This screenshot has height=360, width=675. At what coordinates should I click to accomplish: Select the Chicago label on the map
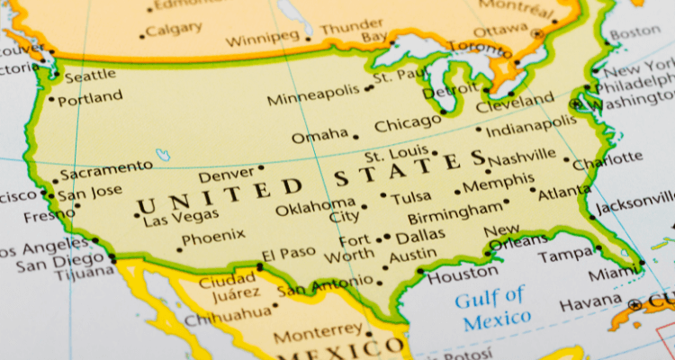pyautogui.click(x=407, y=125)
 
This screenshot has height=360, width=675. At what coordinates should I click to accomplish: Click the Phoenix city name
pyautogui.click(x=213, y=238)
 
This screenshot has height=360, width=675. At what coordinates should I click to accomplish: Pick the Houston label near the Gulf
pyautogui.click(x=462, y=274)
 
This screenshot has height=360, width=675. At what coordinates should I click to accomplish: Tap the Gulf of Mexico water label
pyautogui.click(x=491, y=306)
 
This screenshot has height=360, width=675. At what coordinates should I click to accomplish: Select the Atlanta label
pyautogui.click(x=564, y=192)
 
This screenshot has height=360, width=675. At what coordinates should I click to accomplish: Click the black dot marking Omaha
pyautogui.click(x=355, y=138)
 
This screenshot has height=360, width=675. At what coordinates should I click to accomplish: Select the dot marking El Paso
pyautogui.click(x=259, y=266)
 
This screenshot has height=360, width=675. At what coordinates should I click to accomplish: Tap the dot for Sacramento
pyautogui.click(x=55, y=181)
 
